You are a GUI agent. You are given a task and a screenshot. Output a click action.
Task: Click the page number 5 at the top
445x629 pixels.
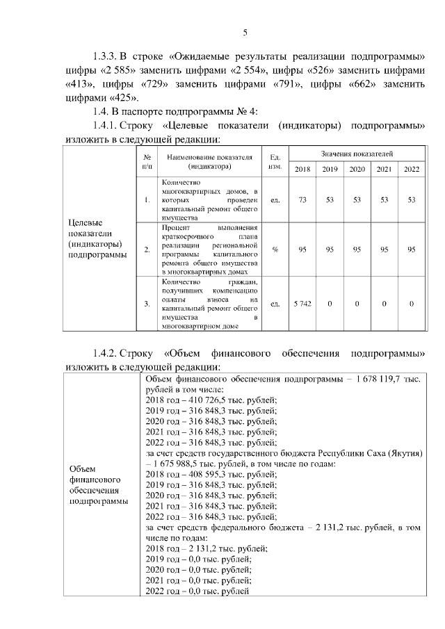[245, 33]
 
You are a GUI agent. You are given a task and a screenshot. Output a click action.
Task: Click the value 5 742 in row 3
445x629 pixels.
[302, 304]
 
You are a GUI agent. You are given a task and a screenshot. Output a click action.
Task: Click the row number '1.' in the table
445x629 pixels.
[147, 200]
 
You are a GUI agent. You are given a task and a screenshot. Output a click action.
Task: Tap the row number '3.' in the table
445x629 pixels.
[147, 304]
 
